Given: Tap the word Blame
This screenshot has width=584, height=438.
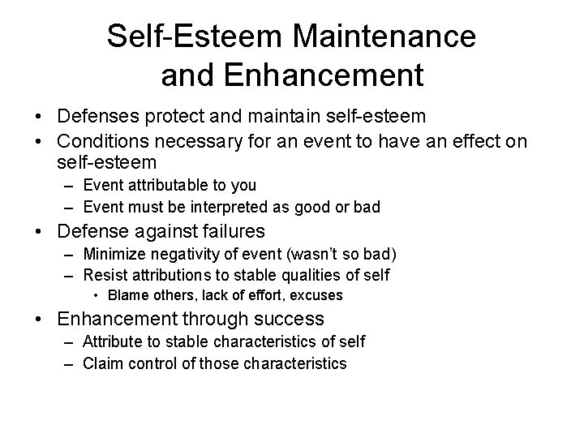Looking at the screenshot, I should pyautogui.click(x=127, y=295).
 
